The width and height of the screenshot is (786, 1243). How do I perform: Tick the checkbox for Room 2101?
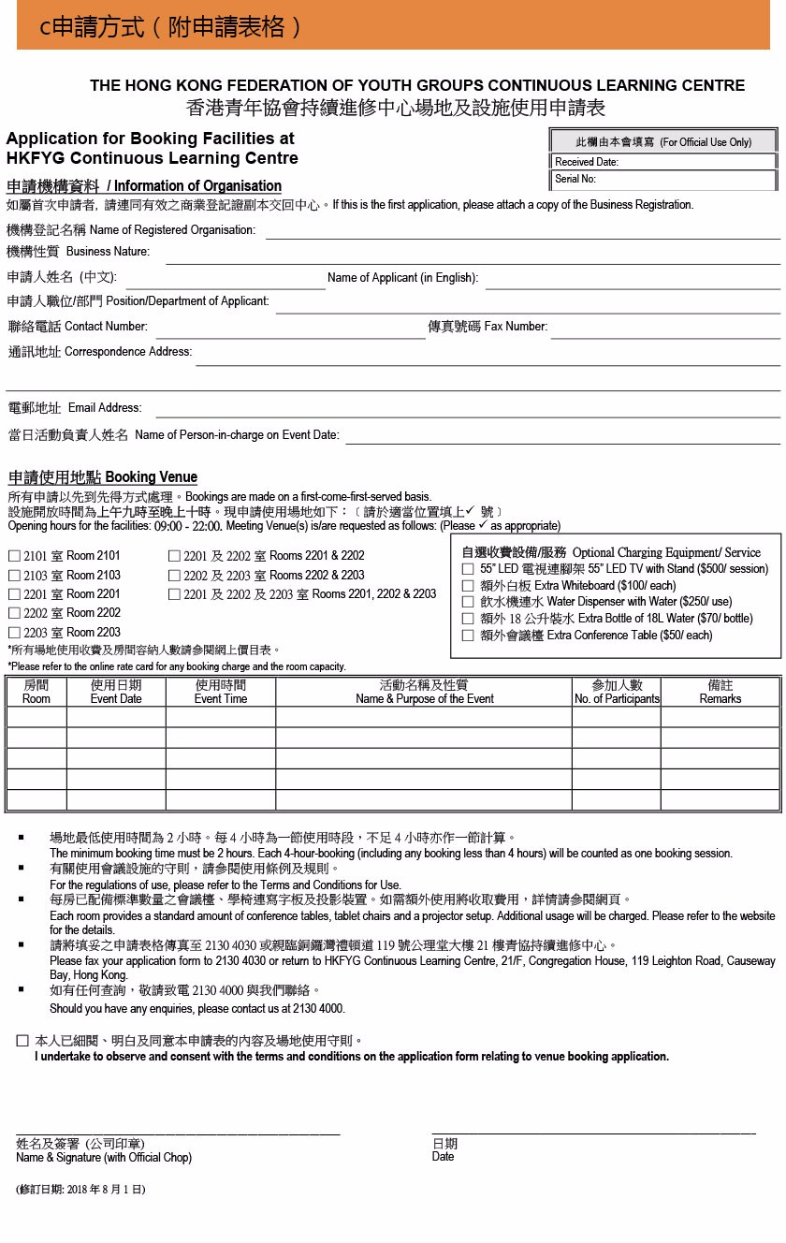click(x=14, y=555)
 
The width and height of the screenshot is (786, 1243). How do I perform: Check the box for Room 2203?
click(x=14, y=633)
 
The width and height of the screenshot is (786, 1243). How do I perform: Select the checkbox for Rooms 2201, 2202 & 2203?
click(x=174, y=594)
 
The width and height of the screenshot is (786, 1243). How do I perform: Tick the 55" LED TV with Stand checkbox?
click(x=468, y=569)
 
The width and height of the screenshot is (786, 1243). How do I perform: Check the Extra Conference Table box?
click(x=468, y=636)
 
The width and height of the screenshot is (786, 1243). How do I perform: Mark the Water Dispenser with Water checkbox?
click(x=468, y=602)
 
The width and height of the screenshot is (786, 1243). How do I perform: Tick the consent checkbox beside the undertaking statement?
click(x=22, y=1041)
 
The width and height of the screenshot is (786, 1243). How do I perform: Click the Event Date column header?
click(x=116, y=693)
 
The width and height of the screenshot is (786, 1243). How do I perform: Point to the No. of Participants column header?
click(x=617, y=693)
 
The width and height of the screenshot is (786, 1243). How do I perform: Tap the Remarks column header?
click(x=720, y=693)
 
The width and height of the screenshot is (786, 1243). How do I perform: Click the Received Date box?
click(x=663, y=162)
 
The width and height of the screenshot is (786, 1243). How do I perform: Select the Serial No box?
click(x=663, y=179)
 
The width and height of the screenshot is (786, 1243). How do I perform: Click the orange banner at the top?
click(x=393, y=25)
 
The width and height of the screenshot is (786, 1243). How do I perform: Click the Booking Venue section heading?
click(x=103, y=477)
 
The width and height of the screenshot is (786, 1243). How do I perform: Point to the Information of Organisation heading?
click(x=144, y=186)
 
